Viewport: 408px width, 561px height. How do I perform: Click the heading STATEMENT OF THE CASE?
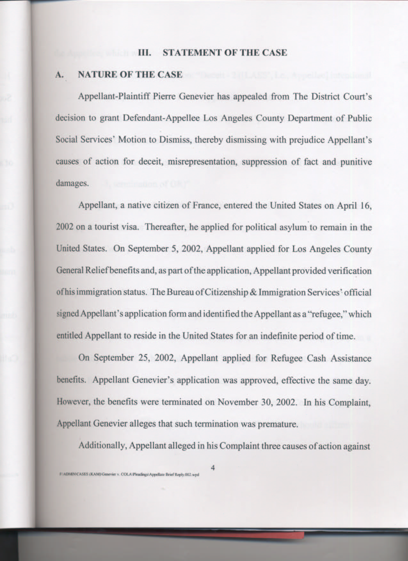pos(225,52)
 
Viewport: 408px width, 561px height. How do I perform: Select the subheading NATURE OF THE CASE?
pos(130,75)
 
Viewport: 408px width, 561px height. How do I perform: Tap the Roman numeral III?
pos(145,52)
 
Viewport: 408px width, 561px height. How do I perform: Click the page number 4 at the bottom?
pos(213,468)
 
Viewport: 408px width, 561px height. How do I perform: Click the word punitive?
pos(356,162)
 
